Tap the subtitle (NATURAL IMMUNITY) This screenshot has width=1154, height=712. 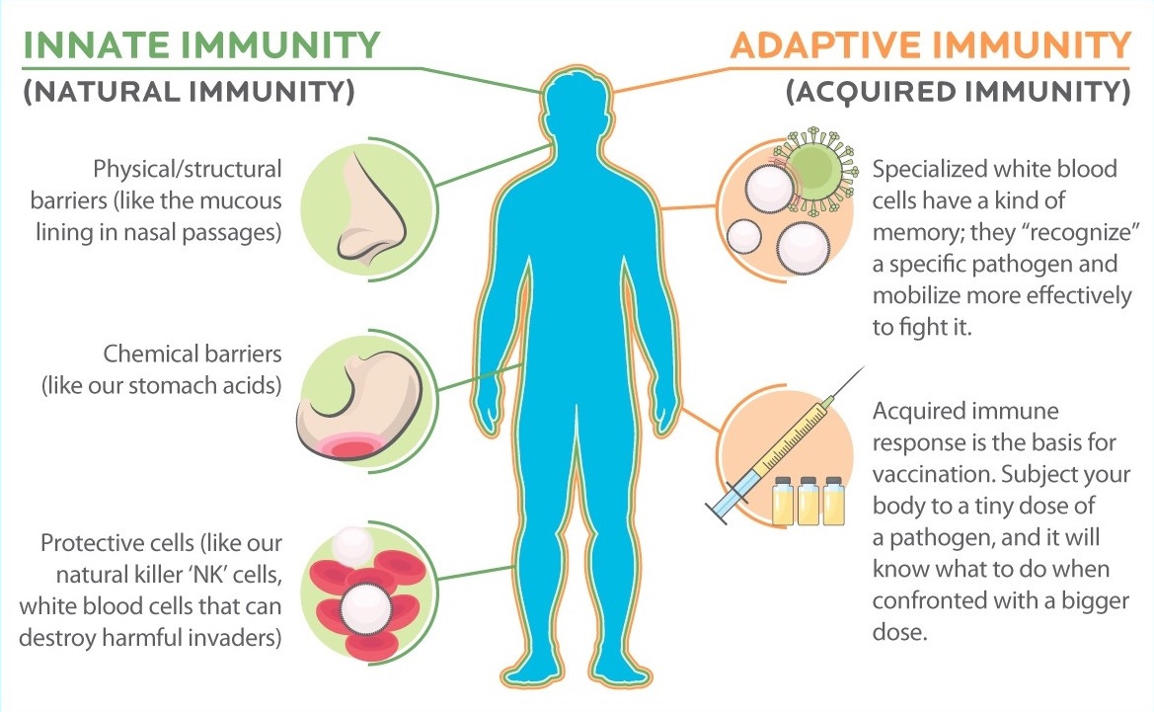(189, 93)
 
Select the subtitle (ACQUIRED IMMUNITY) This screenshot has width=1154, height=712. (959, 93)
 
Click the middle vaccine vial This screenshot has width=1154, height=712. (809, 501)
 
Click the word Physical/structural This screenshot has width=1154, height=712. (188, 169)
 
